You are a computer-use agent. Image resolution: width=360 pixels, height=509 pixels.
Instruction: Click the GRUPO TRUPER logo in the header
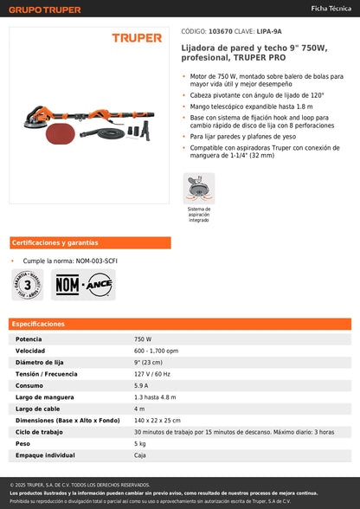[45, 10]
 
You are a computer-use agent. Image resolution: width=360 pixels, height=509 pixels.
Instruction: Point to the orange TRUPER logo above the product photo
[137, 38]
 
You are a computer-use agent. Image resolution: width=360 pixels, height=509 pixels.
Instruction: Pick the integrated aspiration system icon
[199, 188]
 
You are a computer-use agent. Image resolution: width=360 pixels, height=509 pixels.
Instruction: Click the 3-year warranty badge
[28, 284]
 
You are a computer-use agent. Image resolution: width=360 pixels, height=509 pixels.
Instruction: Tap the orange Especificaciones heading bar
[180, 324]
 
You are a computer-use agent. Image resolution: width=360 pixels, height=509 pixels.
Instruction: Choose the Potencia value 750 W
[143, 339]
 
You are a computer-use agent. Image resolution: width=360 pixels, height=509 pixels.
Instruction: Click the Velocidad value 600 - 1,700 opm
[157, 351]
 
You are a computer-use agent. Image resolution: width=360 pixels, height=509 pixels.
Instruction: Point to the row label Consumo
[29, 385]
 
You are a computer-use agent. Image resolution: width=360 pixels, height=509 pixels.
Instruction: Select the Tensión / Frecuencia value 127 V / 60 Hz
[152, 373]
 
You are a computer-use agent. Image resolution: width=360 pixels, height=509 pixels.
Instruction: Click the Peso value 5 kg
[139, 443]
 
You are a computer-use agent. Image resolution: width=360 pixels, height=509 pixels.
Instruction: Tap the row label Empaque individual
[45, 454]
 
